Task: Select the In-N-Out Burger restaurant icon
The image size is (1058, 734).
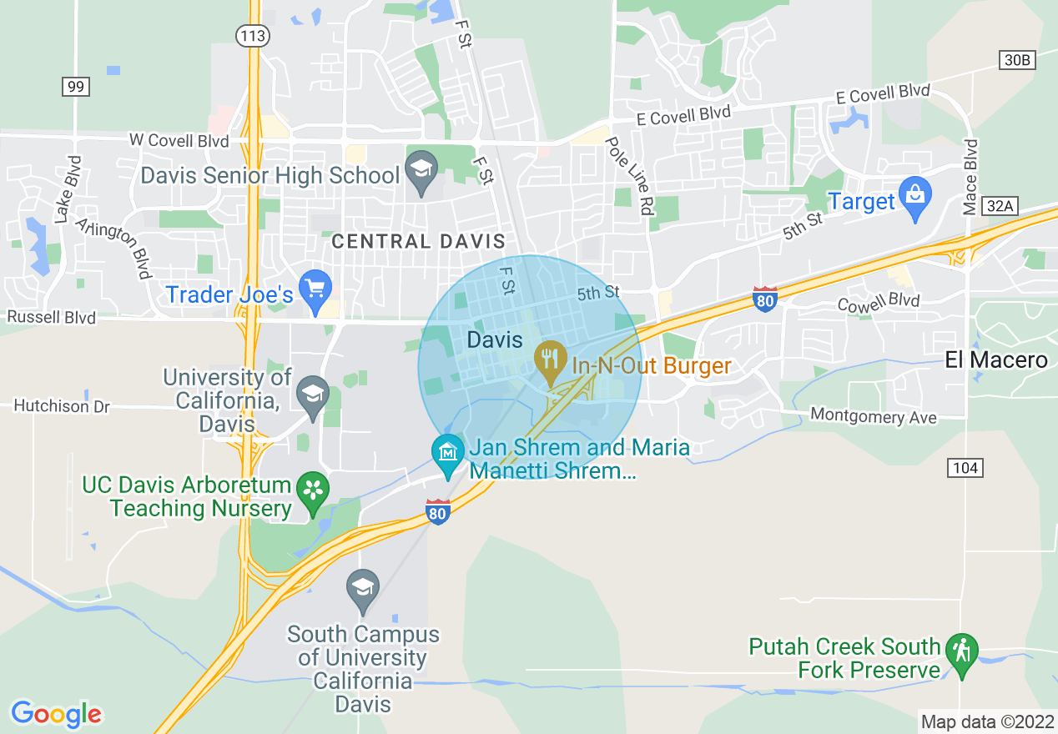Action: (550, 359)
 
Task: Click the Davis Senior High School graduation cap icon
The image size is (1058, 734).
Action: (421, 170)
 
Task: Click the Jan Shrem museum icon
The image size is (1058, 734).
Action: (448, 453)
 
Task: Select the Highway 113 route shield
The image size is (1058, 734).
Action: (251, 36)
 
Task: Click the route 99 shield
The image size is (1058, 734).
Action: (75, 86)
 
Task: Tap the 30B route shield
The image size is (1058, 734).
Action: (1017, 59)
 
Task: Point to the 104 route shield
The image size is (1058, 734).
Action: (965, 468)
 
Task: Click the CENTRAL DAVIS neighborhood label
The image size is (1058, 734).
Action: (418, 242)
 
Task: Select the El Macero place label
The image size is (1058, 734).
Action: (995, 360)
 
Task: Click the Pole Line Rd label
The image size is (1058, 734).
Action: (629, 177)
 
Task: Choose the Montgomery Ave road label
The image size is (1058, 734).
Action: (874, 416)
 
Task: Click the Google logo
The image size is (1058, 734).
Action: (56, 714)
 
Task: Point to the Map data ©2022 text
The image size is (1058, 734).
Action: (985, 721)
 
